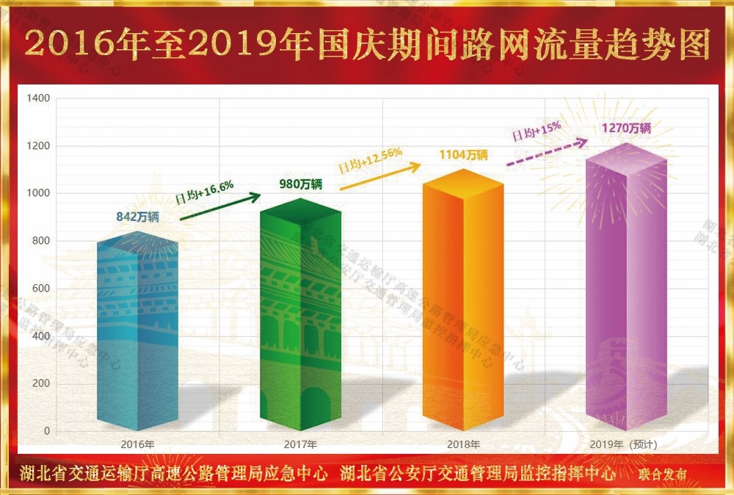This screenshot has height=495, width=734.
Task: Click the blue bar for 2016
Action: pyautogui.click(x=137, y=330)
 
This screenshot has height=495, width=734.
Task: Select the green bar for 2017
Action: pyautogui.click(x=301, y=316)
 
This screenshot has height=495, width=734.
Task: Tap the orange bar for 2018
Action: pyautogui.click(x=463, y=301)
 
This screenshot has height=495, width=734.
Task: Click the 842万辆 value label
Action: pyautogui.click(x=138, y=217)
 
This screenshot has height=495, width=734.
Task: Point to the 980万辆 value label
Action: pyautogui.click(x=301, y=184)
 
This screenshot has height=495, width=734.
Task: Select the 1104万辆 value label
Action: pyautogui.click(x=463, y=155)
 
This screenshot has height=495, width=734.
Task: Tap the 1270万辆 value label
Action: pyautogui.click(x=626, y=128)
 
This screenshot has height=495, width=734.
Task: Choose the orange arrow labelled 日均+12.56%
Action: pyautogui.click(x=381, y=177)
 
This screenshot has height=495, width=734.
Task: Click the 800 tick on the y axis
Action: pyautogui.click(x=42, y=241)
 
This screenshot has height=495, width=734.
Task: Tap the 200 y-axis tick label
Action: pyautogui.click(x=42, y=383)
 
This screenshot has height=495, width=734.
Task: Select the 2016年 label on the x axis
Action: pyautogui.click(x=137, y=444)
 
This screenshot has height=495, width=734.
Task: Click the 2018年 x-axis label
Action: pyautogui.click(x=463, y=444)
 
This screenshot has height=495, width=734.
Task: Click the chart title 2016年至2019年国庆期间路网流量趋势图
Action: pyautogui.click(x=367, y=45)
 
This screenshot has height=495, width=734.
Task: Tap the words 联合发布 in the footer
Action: pyautogui.click(x=663, y=474)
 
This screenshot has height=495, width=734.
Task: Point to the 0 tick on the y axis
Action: pyautogui.click(x=47, y=431)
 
